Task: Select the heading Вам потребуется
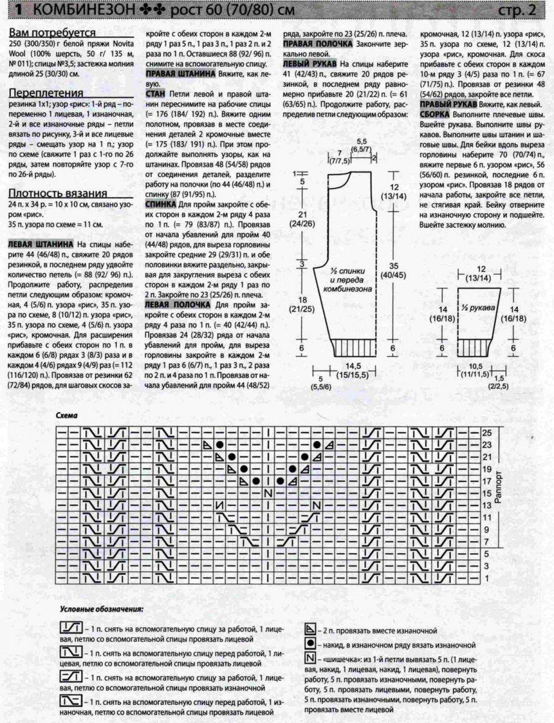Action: pos(52,33)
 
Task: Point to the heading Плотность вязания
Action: pos(58,193)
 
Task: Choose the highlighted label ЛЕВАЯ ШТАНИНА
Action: pos(42,244)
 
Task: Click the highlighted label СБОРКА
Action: pos(437,114)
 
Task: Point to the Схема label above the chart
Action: pos(66,416)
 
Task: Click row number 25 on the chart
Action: pos(488,433)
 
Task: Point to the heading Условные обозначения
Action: pos(102,610)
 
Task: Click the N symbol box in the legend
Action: pos(311,657)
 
